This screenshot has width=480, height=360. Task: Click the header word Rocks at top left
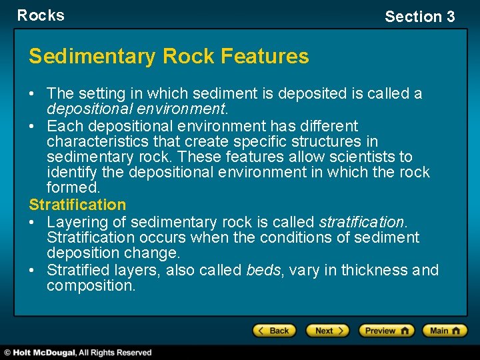(41, 15)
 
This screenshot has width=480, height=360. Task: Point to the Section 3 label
(419, 17)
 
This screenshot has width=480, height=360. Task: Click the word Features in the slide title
(270, 57)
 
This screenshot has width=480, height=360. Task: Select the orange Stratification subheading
(77, 205)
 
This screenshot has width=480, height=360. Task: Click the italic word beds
(263, 270)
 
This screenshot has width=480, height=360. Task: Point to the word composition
(91, 286)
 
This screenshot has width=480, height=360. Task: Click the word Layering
(74, 221)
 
